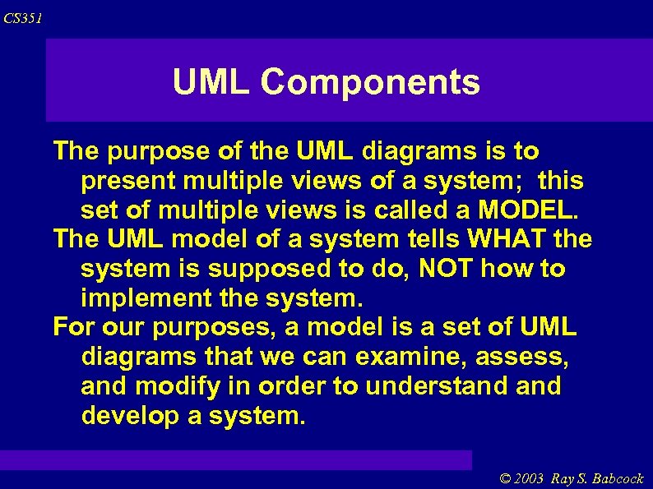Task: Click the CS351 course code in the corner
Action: (22, 18)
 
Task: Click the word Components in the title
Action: (370, 82)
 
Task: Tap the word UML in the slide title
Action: (213, 82)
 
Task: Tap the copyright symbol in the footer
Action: (506, 478)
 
